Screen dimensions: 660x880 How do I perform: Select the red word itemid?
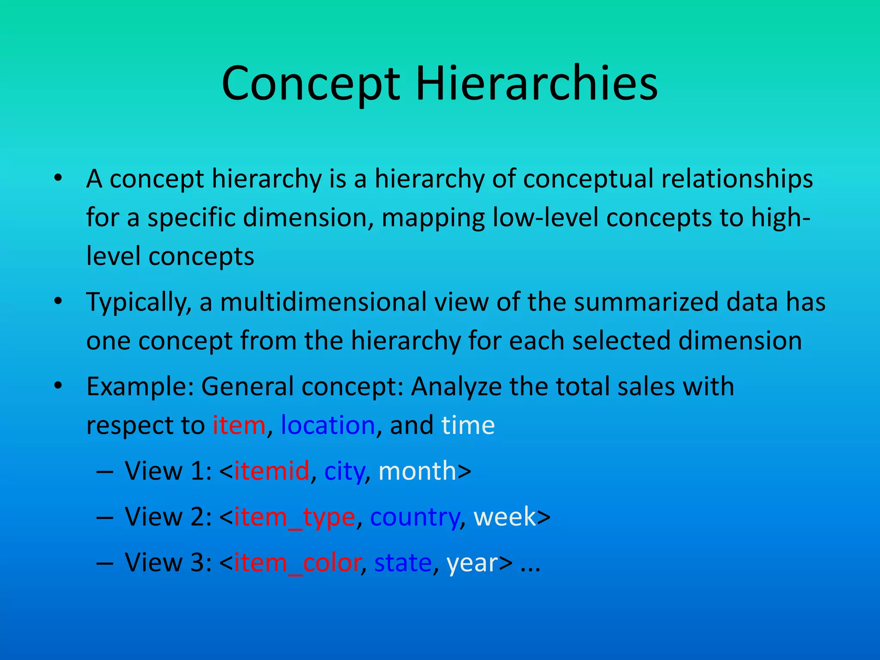point(272,471)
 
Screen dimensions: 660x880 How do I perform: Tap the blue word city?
point(344,471)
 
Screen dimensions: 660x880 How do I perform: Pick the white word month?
point(417,471)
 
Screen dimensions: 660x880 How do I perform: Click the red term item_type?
point(294,517)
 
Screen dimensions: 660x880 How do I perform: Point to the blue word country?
point(415,517)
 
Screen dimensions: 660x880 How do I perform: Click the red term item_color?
point(297,562)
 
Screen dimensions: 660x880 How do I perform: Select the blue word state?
point(403,562)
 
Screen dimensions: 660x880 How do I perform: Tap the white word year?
point(472,563)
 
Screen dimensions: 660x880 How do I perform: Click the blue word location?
point(328,425)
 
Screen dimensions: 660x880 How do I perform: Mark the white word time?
point(468,425)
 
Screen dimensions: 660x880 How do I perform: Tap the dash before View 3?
point(105,562)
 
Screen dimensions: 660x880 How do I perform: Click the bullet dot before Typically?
point(58,301)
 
